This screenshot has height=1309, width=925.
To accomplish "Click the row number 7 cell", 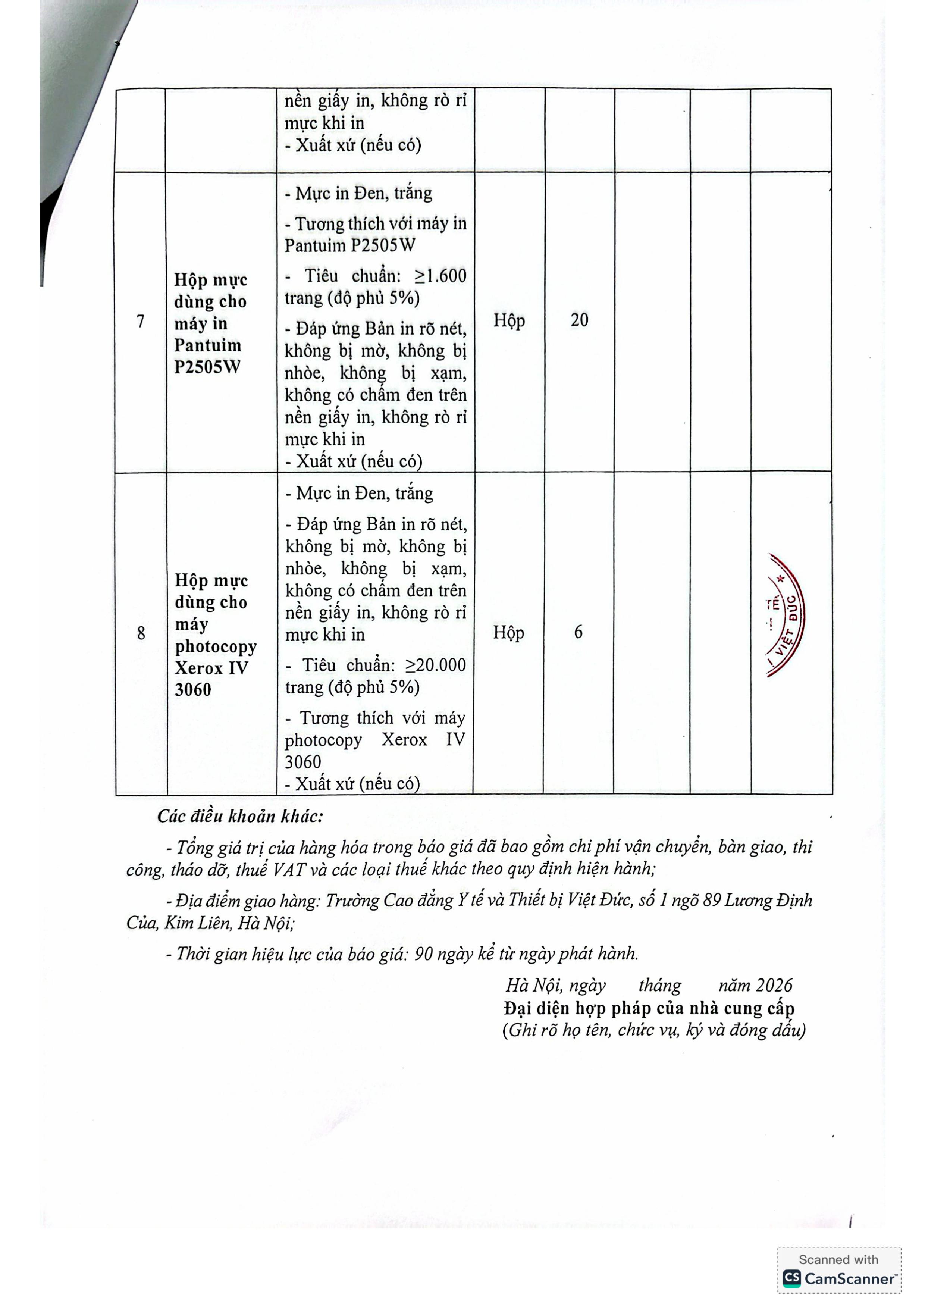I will [140, 322].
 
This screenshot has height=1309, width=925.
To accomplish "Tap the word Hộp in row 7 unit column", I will [509, 321].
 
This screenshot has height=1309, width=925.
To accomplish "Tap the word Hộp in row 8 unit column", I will [508, 633].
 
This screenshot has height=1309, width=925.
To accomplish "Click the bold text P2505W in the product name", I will [207, 367].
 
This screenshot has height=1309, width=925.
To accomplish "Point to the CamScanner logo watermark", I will [839, 1279].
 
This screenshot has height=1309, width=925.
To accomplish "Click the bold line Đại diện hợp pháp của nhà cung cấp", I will [649, 1009].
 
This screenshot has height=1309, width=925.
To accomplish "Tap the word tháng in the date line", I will [659, 986].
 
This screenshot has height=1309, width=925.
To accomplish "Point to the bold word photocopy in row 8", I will [216, 646].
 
